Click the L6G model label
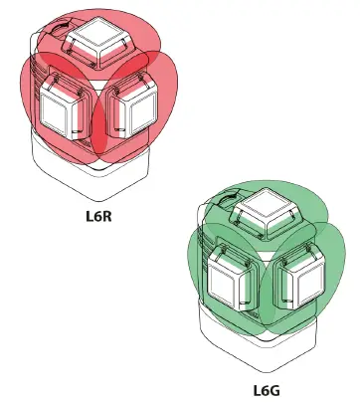pyautogui.click(x=267, y=391)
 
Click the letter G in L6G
pyautogui.click(x=276, y=391)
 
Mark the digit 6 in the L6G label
pyautogui.click(x=266, y=391)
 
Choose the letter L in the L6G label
pyautogui.click(x=257, y=391)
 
